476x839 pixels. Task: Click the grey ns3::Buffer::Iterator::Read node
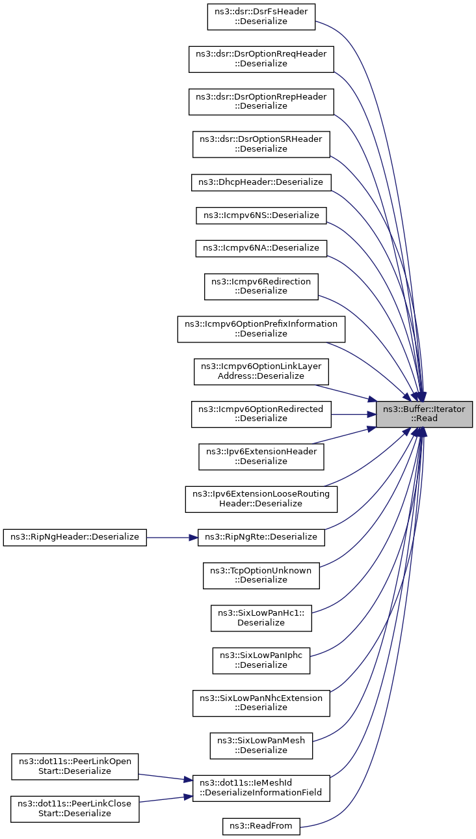tap(424, 414)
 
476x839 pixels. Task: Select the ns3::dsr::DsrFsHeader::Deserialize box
tap(261, 17)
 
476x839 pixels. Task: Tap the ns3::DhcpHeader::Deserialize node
tap(261, 182)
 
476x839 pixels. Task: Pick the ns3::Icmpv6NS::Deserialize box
tap(261, 215)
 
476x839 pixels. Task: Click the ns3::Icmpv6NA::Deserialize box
tap(261, 249)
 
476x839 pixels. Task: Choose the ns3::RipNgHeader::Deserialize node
tap(75, 538)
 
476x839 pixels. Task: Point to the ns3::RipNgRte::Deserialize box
tap(261, 538)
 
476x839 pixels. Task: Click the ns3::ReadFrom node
tap(261, 826)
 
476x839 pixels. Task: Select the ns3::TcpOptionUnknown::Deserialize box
tap(261, 575)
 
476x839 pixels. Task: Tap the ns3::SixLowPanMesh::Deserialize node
tap(261, 746)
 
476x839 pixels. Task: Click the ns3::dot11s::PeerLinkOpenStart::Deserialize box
tap(75, 767)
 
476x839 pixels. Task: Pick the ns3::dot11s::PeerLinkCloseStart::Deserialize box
tap(75, 809)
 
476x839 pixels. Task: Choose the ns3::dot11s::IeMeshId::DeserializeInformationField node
tap(261, 788)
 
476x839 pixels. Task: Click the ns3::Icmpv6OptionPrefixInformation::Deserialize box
tap(261, 329)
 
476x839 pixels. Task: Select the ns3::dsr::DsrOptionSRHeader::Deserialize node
tap(261, 144)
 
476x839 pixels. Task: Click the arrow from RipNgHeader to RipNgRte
tap(172, 538)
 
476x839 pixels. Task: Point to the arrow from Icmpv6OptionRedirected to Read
tap(354, 414)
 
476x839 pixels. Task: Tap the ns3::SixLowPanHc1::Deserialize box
tap(261, 618)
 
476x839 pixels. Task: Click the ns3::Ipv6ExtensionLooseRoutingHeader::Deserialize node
tap(261, 499)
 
